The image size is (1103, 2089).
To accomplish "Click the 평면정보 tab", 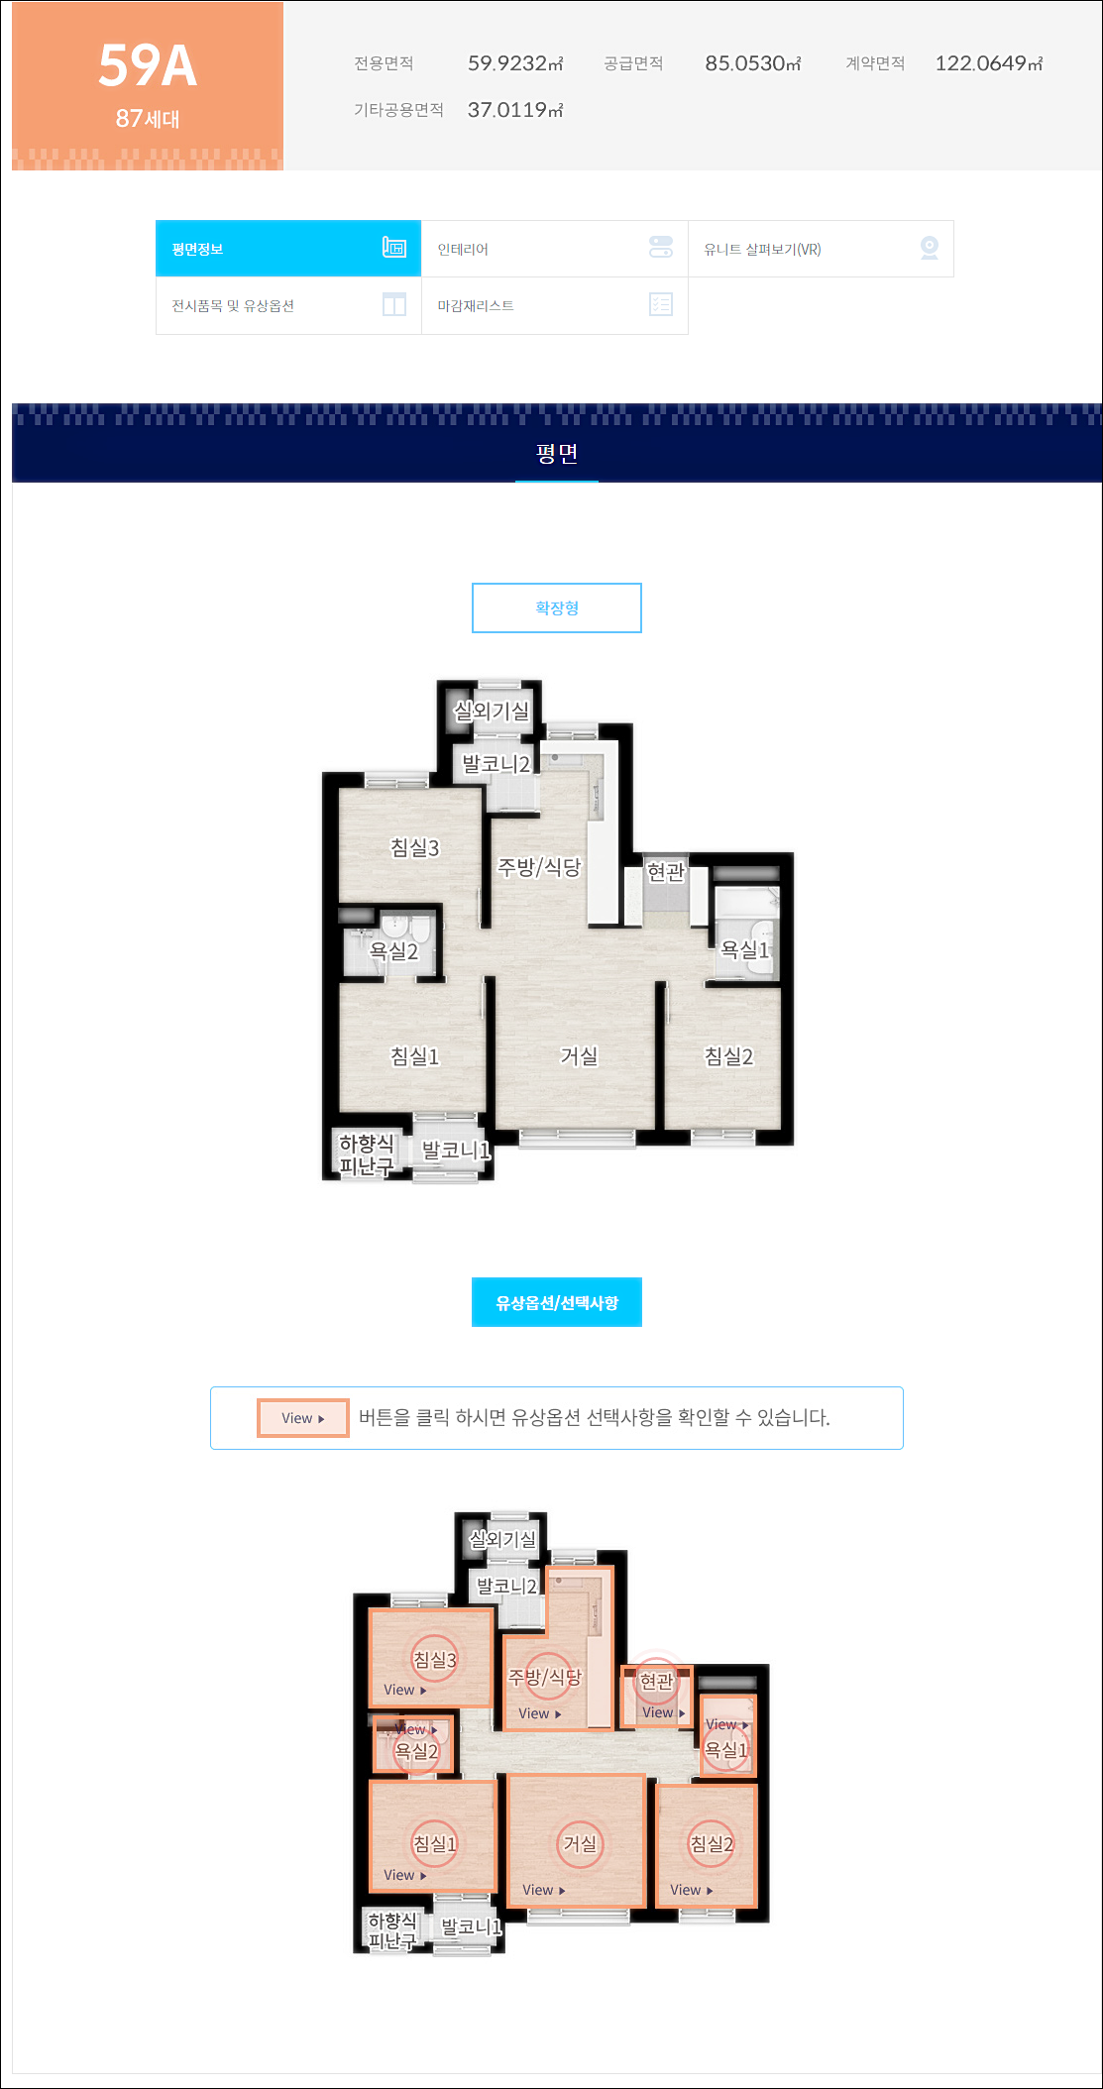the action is tap(288, 249).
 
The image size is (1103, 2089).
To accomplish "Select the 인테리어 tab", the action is tap(555, 249).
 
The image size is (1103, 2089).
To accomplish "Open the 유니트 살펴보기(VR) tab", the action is tap(821, 249).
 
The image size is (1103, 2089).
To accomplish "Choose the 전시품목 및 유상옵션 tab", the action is tap(288, 305).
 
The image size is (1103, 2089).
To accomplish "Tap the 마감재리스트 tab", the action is tap(555, 305).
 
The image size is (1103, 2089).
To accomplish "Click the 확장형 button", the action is tap(557, 607).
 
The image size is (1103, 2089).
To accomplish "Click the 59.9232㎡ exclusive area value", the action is tap(515, 63).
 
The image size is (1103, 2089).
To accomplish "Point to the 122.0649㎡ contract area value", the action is tap(989, 63).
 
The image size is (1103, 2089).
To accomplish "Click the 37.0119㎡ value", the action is tap(515, 110).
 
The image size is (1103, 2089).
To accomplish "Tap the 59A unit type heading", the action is tap(148, 65).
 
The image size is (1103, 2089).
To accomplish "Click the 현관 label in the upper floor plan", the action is tap(666, 871).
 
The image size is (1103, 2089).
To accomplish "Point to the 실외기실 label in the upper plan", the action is tap(492, 711).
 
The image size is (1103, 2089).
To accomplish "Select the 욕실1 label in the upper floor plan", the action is tap(745, 949).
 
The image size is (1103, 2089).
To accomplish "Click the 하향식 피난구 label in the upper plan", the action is tap(367, 1154).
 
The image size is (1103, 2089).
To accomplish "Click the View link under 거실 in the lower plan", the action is tap(544, 1890).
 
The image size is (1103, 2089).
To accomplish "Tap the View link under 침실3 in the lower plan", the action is tap(405, 1690).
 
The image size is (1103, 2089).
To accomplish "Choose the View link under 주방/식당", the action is tap(540, 1713).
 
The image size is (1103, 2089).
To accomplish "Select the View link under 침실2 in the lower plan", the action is tap(692, 1890).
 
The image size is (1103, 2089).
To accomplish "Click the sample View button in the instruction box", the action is tap(303, 1418).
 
